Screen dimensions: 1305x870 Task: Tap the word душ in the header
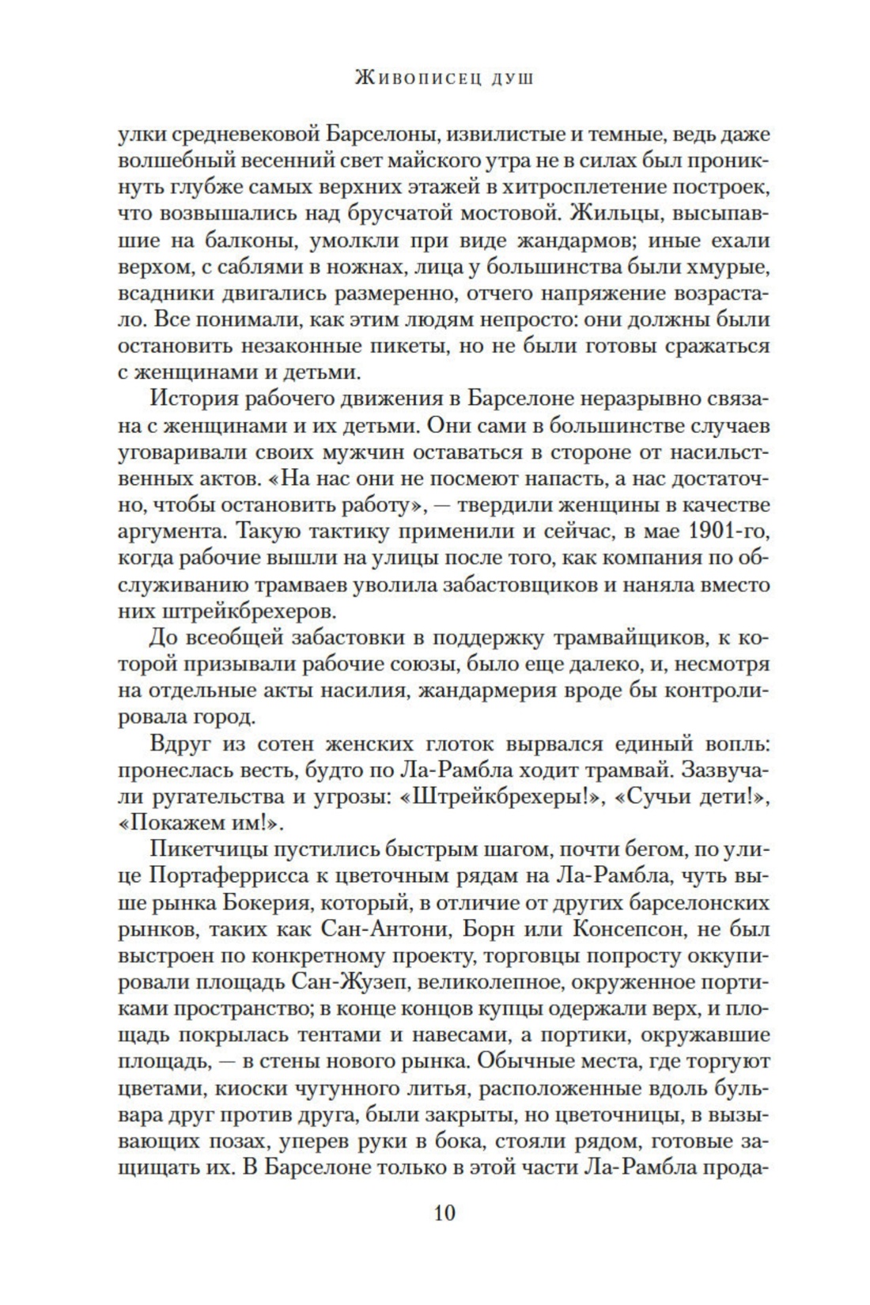pos(513,78)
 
